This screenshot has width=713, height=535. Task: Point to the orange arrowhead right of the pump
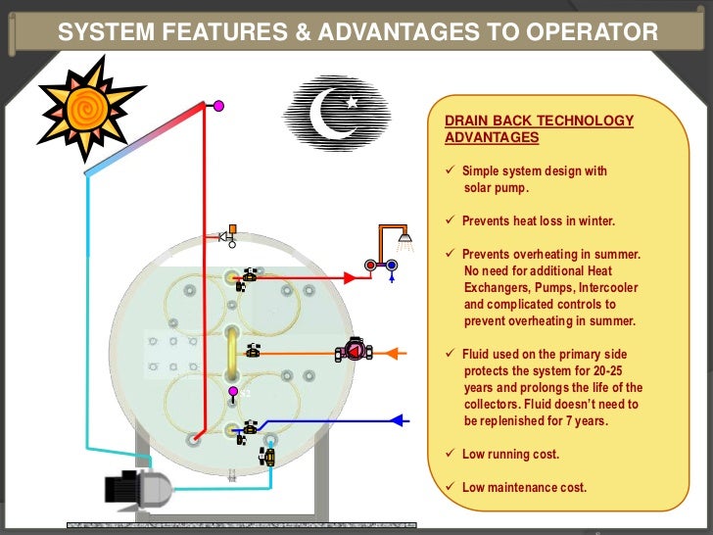[x=399, y=351]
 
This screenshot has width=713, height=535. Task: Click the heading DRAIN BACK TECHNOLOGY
[x=539, y=121]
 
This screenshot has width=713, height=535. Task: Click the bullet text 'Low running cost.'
[x=510, y=455]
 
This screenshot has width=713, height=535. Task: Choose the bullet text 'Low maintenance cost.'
[x=524, y=487]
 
